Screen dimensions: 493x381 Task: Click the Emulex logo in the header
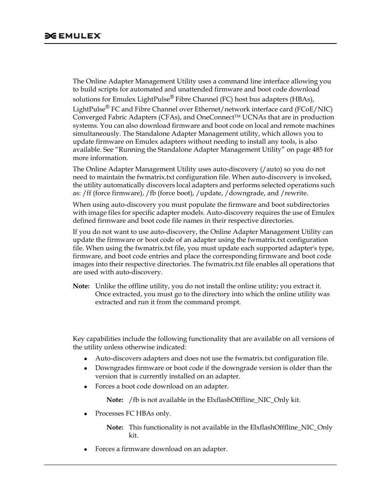(x=73, y=36)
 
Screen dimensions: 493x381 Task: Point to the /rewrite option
(x=294, y=193)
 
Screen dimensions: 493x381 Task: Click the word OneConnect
(x=215, y=117)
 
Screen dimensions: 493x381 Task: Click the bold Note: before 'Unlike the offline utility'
(x=81, y=286)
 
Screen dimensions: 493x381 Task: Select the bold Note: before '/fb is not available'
(x=115, y=400)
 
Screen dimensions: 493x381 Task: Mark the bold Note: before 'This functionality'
(x=115, y=428)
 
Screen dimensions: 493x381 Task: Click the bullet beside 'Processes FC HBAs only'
(x=86, y=414)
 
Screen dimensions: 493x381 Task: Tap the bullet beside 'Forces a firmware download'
(x=86, y=449)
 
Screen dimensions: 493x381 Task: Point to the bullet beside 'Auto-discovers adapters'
(x=86, y=359)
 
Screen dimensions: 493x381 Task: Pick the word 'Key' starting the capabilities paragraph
(x=78, y=339)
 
